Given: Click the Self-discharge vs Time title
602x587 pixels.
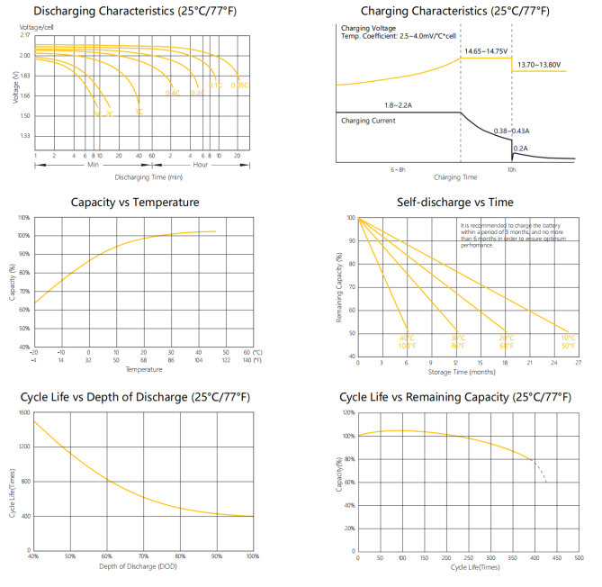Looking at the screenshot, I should point(454,203).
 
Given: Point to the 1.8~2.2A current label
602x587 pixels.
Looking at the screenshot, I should point(398,105).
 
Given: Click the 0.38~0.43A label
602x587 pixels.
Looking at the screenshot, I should point(512,131).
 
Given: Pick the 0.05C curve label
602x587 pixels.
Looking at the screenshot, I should point(238,85).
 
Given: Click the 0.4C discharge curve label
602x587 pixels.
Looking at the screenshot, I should point(173,93).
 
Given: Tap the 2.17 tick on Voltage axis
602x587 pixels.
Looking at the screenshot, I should point(24,35).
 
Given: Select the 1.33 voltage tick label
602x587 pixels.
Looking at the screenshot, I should point(24,136).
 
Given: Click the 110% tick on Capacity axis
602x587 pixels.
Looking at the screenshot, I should point(24,217).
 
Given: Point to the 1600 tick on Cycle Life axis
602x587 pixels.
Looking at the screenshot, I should point(24,412).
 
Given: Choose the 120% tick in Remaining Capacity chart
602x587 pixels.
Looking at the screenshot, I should point(348,412).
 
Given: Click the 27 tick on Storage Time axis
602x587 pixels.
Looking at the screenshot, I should point(578,363).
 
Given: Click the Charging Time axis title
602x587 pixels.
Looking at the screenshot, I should point(454,177).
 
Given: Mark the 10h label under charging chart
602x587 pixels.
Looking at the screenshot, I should point(511,168).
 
